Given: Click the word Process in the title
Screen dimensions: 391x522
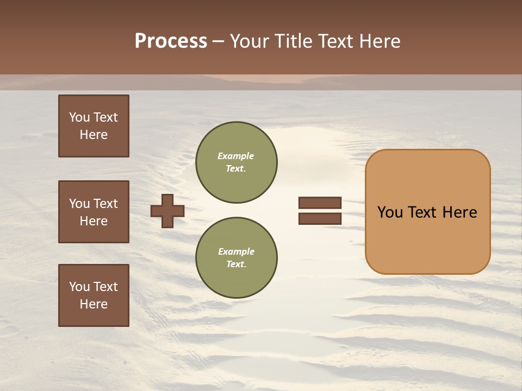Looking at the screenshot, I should [171, 41].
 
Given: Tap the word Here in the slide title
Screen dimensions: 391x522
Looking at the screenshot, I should [378, 41].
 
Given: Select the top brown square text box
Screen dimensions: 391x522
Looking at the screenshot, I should [94, 126].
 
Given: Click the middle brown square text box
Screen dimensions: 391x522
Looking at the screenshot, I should [94, 212].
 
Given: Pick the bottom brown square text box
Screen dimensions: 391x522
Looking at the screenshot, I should [94, 295].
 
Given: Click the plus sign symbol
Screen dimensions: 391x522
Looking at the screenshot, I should [167, 211].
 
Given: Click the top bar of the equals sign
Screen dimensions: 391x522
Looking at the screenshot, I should [320, 203].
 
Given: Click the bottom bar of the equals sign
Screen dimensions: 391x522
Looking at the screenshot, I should [320, 218].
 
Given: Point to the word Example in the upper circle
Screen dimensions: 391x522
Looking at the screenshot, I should [235, 156].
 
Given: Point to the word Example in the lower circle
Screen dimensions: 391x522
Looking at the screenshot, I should [236, 251].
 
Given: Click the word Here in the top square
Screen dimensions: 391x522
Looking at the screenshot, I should [94, 135].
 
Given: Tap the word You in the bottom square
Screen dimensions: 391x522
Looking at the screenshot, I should [79, 287].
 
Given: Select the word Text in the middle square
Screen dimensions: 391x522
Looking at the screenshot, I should [105, 204].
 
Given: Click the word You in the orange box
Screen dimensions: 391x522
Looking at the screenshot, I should [389, 212].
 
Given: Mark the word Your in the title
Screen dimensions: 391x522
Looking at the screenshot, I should [250, 41].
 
